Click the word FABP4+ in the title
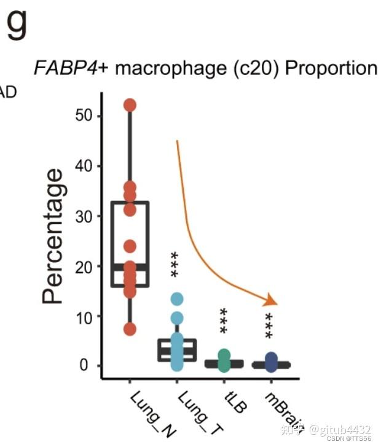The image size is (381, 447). point(69,68)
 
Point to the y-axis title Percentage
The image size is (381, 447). point(53,236)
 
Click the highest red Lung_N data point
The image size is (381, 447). point(130,105)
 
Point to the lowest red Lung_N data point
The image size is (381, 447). point(130,329)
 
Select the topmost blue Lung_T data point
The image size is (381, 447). point(177,299)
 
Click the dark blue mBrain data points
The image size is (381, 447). point(271,361)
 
